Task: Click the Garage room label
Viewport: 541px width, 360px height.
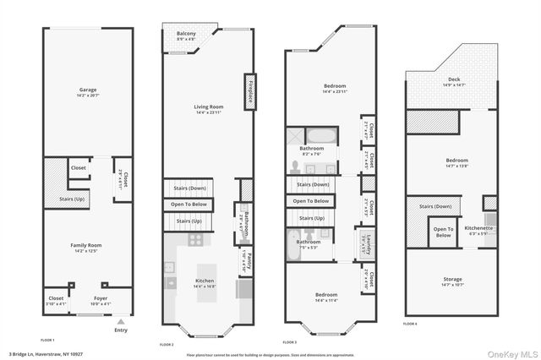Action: point(88,91)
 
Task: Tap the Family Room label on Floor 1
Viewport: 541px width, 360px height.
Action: point(86,248)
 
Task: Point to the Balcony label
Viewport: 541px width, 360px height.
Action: point(187,36)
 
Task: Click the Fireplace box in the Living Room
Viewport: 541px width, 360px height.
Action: point(250,91)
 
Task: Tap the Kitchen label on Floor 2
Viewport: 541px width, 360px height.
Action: point(205,284)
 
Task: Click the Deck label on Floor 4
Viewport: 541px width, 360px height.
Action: point(448,83)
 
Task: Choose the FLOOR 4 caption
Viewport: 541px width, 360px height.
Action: point(410,323)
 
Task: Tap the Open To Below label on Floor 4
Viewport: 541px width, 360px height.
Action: point(443,232)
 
